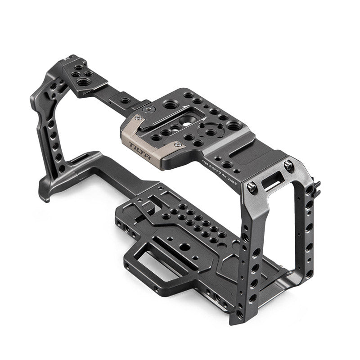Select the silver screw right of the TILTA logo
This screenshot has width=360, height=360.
click(177, 145)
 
